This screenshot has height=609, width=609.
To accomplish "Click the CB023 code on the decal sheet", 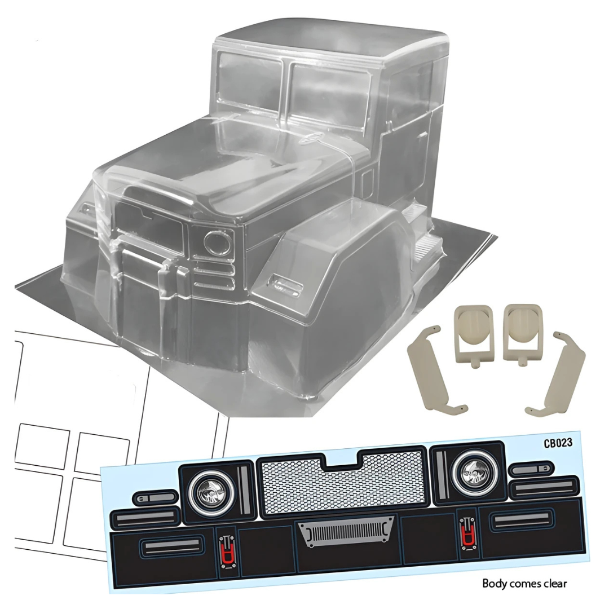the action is point(558,443).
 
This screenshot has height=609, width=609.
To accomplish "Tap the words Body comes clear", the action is point(524,584).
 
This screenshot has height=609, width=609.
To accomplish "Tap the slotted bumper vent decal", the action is point(346,531).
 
